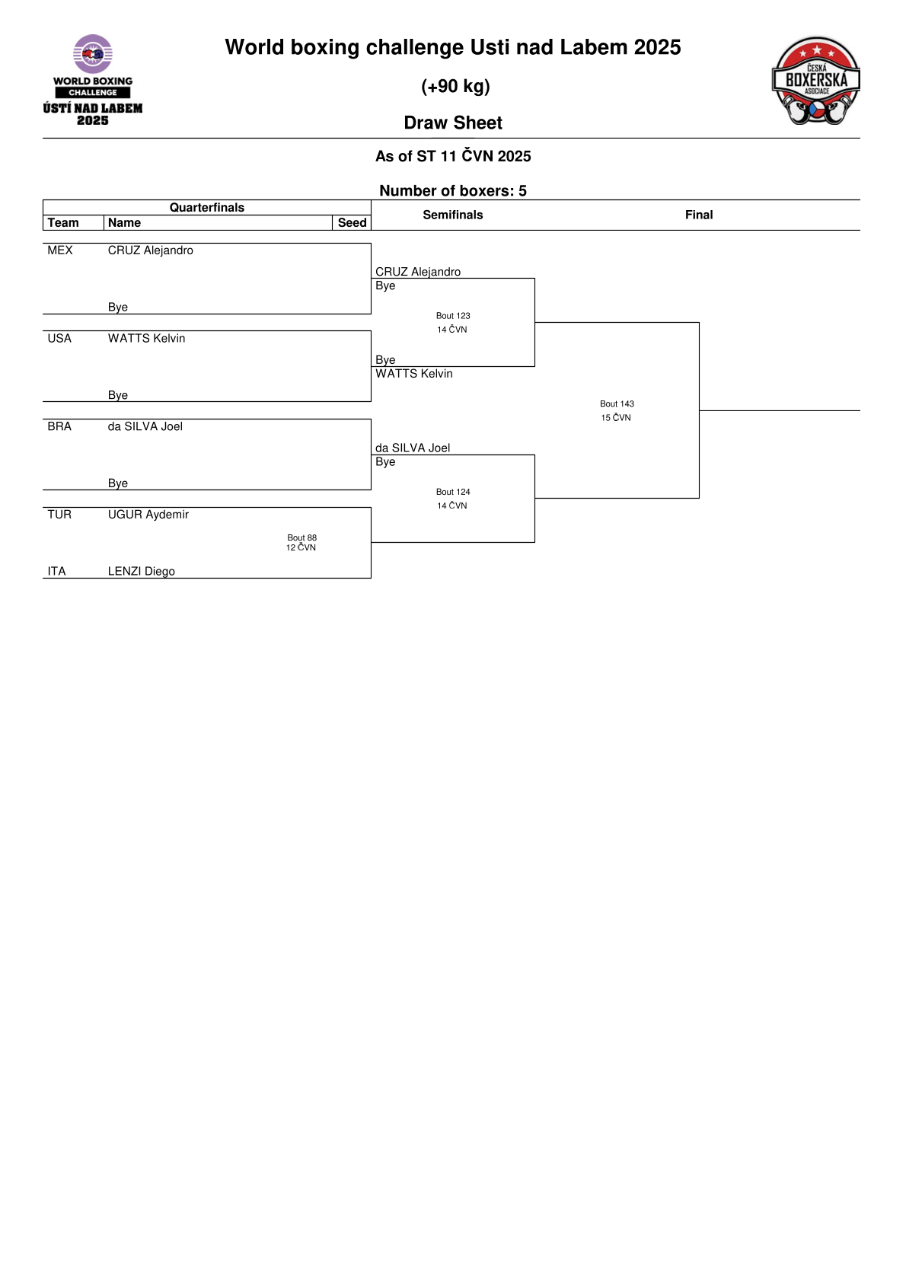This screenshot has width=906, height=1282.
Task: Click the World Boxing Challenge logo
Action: (93, 80)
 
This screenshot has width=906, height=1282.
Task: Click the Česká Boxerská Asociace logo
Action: (815, 81)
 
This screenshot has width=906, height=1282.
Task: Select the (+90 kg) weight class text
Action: (455, 87)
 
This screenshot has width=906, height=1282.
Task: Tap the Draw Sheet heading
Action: (453, 123)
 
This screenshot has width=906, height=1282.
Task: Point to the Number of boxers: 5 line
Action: (453, 190)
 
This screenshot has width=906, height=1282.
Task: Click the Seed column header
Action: (352, 222)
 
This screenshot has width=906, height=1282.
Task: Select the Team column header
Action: (63, 222)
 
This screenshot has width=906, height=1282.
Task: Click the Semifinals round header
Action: (453, 215)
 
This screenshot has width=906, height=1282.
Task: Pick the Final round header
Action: (699, 215)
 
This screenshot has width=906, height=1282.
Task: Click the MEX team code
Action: (60, 250)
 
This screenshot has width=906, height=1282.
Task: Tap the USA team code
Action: (59, 338)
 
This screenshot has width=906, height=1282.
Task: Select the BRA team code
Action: (59, 426)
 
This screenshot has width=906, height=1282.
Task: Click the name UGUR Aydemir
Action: (148, 515)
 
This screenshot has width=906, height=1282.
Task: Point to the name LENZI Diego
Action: (142, 571)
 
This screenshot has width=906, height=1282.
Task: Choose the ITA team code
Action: (56, 571)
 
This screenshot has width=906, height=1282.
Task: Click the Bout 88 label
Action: (301, 537)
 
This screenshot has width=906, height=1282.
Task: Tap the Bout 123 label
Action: (453, 315)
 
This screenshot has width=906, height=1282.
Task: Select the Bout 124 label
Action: (453, 492)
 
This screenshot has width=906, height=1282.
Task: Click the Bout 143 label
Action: (617, 403)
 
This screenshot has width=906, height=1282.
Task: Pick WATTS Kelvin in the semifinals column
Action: (414, 374)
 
